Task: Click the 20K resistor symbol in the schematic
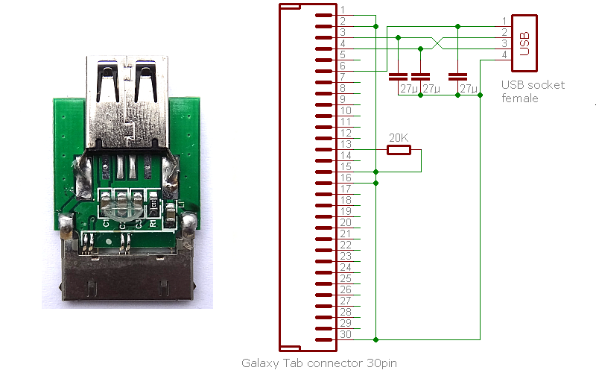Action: [x=399, y=150]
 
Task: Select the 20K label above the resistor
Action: [x=399, y=138]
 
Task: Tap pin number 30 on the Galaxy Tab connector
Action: [x=346, y=334]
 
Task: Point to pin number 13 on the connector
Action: [x=346, y=144]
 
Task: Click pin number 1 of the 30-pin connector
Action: [x=343, y=10]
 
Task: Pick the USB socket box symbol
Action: [x=524, y=43]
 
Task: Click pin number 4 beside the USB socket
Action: [x=504, y=54]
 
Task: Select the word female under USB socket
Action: [x=519, y=98]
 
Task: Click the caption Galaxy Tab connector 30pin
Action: [x=319, y=363]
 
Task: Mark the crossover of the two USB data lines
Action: [x=437, y=43]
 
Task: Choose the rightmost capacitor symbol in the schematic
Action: [x=457, y=77]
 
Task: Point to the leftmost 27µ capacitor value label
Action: [x=409, y=89]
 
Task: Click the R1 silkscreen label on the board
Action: [x=153, y=222]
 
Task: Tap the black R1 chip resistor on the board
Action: [x=153, y=204]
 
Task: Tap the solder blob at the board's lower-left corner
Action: [x=66, y=225]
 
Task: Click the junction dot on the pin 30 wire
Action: [x=375, y=339]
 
